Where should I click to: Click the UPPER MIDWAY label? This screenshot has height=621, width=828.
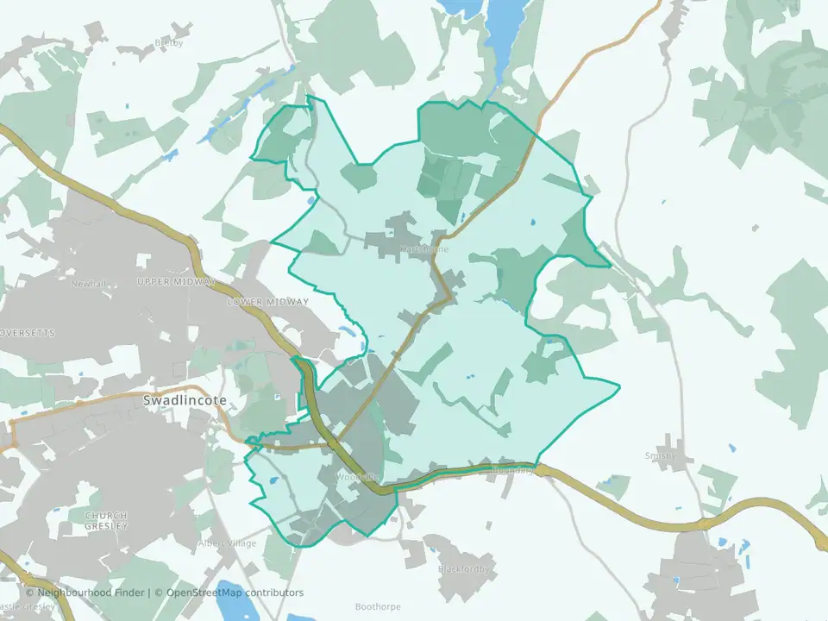point(176,282)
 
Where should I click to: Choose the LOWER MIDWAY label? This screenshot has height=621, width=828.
point(267,302)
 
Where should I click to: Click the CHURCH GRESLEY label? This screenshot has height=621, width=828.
point(106,520)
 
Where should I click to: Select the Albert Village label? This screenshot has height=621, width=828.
point(228,543)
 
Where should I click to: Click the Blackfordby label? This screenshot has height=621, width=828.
point(463,569)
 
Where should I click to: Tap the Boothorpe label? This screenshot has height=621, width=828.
point(379,607)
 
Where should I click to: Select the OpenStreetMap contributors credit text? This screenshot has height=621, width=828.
point(235,593)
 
